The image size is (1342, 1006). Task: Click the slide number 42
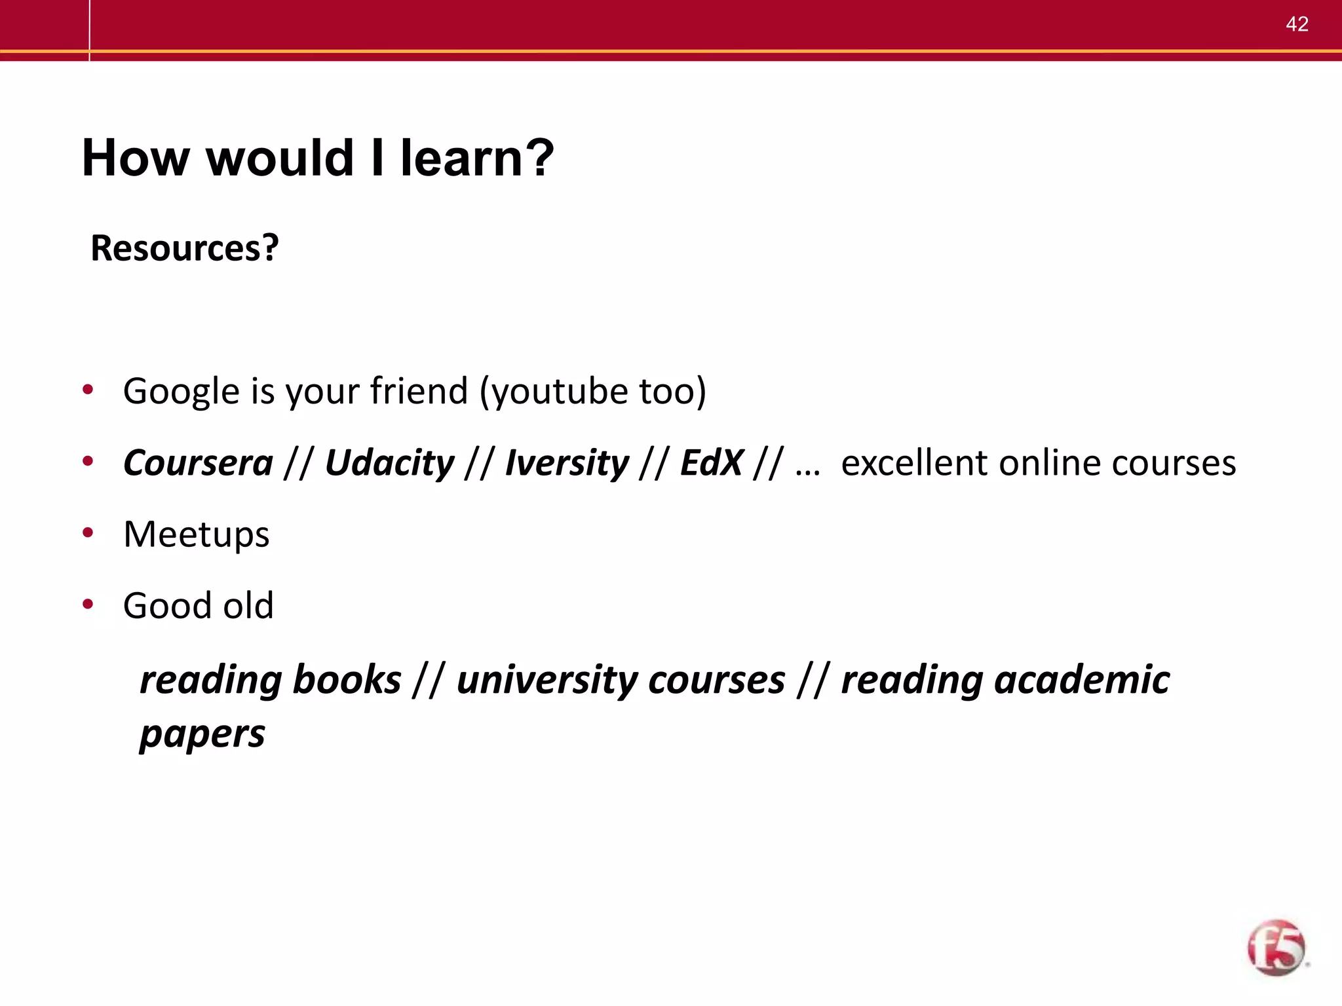[1297, 24]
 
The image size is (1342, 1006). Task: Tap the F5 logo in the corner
[1276, 947]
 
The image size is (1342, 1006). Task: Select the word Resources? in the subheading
[185, 248]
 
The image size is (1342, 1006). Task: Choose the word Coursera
[198, 463]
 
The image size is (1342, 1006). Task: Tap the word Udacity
[389, 463]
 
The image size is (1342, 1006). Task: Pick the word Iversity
[567, 463]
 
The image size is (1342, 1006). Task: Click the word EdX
[712, 463]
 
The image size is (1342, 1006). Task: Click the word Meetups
[196, 534]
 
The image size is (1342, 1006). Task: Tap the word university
[546, 679]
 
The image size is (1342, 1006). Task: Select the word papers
[202, 734]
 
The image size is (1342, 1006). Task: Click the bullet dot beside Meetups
[88, 532]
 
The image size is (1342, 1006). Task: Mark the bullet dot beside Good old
[88, 604]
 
